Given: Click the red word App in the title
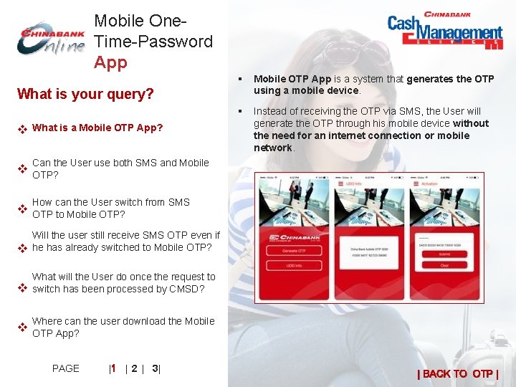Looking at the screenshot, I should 110,62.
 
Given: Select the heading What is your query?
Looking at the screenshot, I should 85,94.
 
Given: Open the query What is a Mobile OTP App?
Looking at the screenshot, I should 97,128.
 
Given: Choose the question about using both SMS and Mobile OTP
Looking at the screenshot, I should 120,168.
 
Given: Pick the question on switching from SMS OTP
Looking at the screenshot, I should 111,208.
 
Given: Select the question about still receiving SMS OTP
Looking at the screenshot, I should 125,242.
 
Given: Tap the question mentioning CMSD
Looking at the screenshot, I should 123,282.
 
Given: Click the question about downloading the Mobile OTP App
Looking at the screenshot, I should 123,327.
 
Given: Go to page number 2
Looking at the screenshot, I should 134,368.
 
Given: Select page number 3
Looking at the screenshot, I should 155,368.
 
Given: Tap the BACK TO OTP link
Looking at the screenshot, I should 458,373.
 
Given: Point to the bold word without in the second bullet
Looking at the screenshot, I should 472,123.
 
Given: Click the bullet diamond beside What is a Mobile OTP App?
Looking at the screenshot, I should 22,129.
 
